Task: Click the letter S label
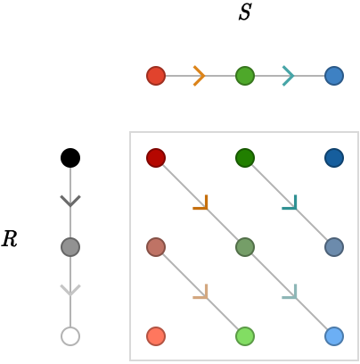[245, 12]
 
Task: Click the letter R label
[10, 239]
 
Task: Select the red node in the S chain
[156, 76]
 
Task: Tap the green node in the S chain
[245, 76]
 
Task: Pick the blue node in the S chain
[334, 76]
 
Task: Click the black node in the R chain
[70, 158]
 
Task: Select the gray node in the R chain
[70, 247]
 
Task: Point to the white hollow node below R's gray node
[70, 336]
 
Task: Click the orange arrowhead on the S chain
[200, 76]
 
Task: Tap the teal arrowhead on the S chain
[289, 76]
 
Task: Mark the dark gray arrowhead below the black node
[70, 201]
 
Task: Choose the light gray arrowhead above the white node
[70, 290]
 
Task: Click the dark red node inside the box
[156, 158]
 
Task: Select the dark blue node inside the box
[334, 158]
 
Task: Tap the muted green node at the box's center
[245, 247]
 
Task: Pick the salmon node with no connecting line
[156, 336]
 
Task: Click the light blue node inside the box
[334, 336]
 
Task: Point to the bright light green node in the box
[245, 336]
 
